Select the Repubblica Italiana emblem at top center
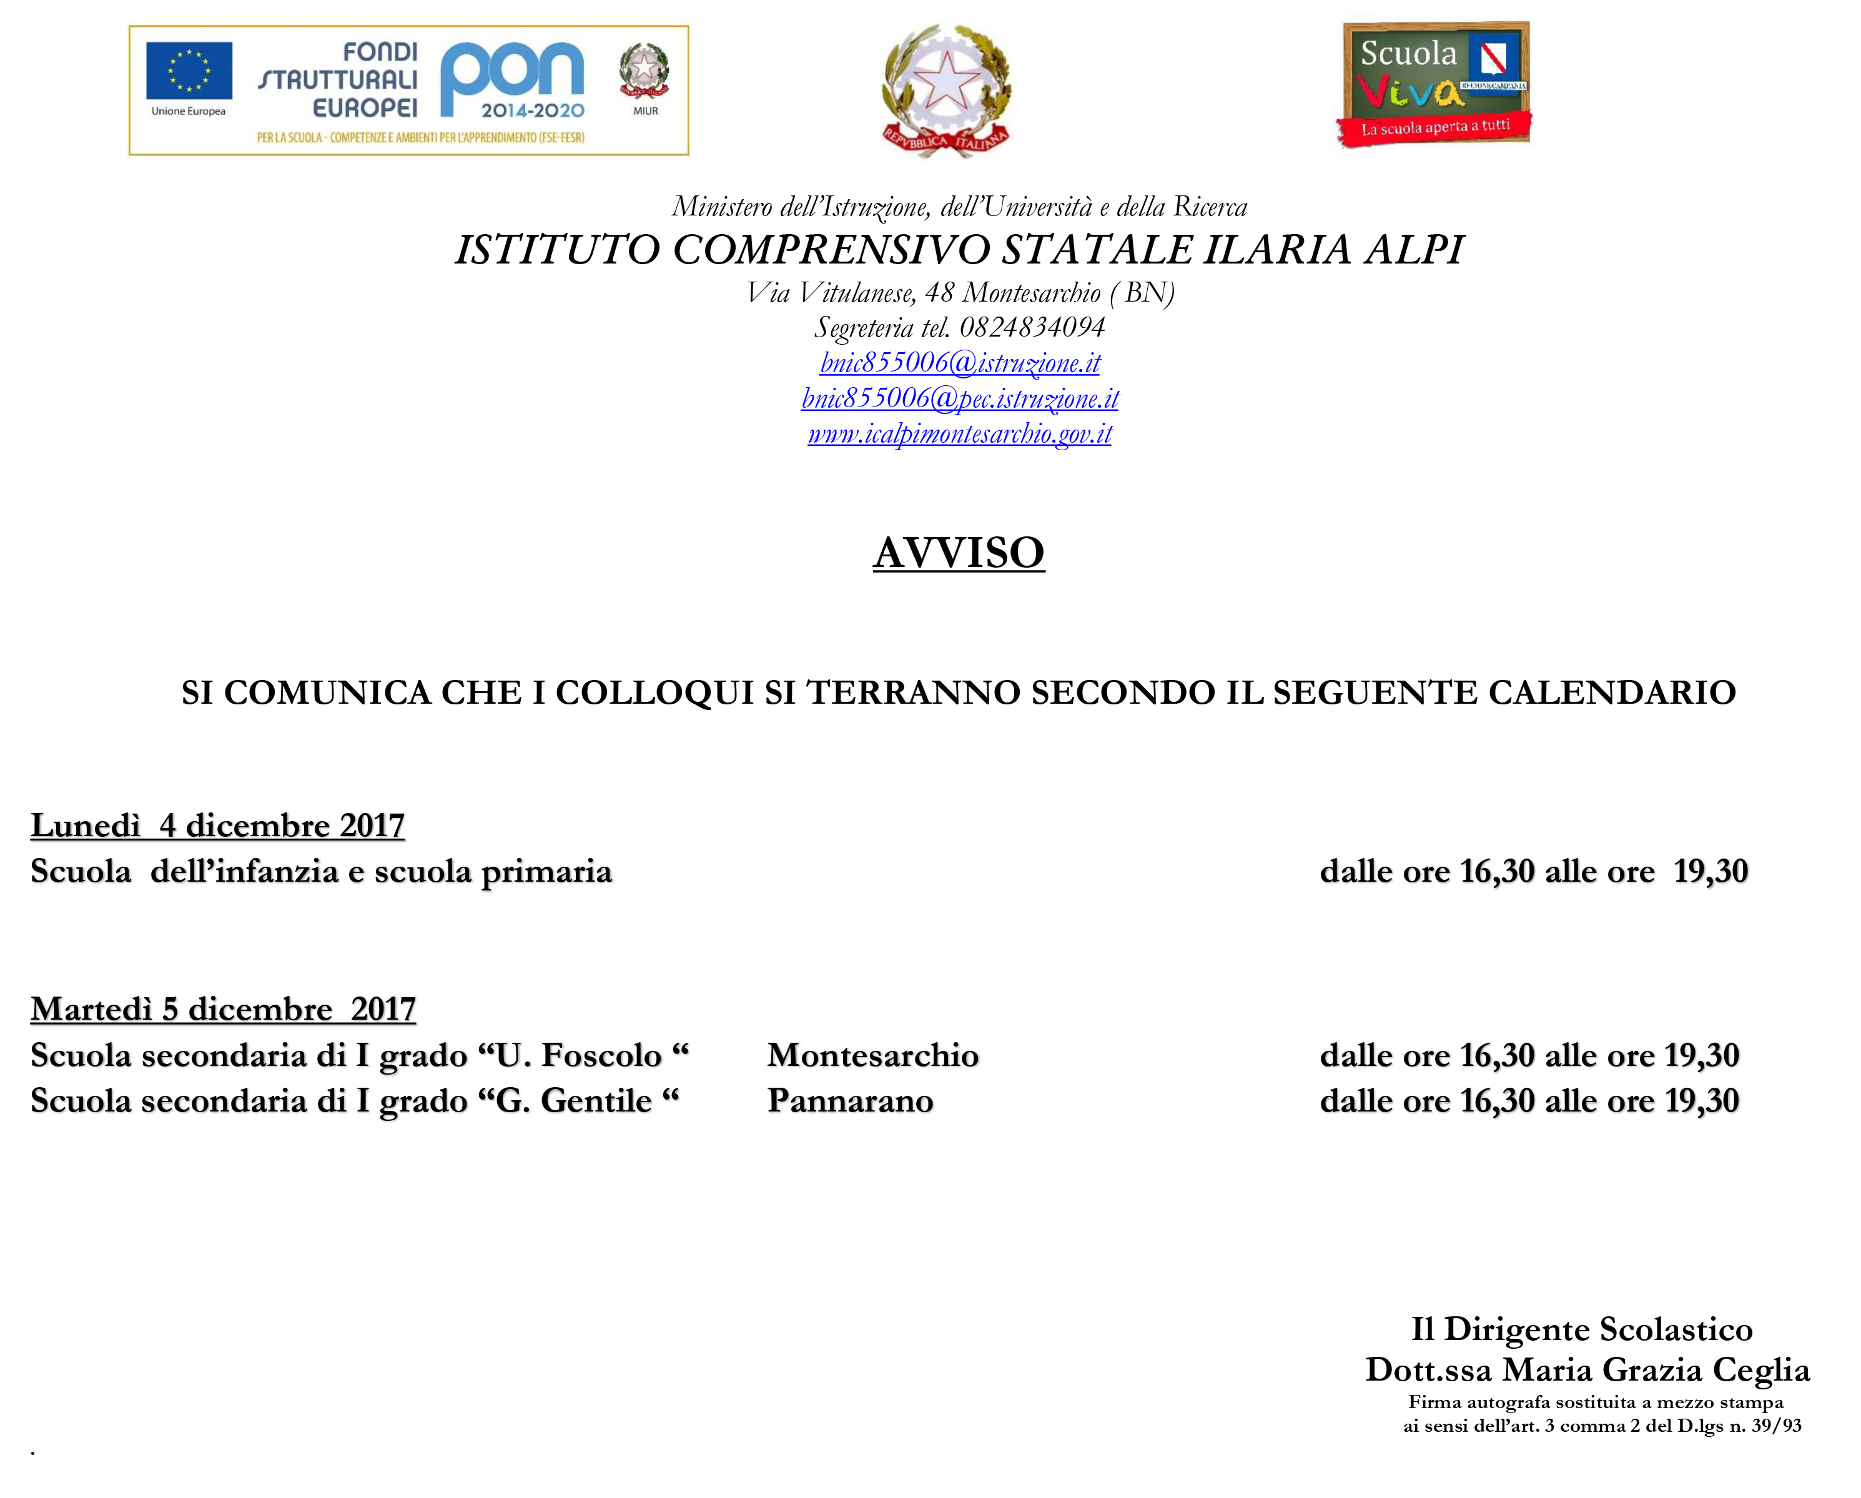click(x=946, y=91)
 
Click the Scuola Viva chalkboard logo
click(x=1434, y=84)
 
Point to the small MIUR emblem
click(x=644, y=72)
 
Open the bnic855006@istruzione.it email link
click(x=960, y=362)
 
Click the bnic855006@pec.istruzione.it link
click(x=960, y=398)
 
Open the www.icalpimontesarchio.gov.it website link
click(x=960, y=433)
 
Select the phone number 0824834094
click(x=1032, y=327)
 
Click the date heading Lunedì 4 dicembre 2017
click(x=217, y=825)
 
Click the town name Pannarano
click(x=850, y=1101)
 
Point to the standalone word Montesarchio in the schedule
click(x=872, y=1055)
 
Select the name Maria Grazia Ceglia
click(x=1656, y=1370)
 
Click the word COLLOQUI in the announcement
click(x=654, y=693)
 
